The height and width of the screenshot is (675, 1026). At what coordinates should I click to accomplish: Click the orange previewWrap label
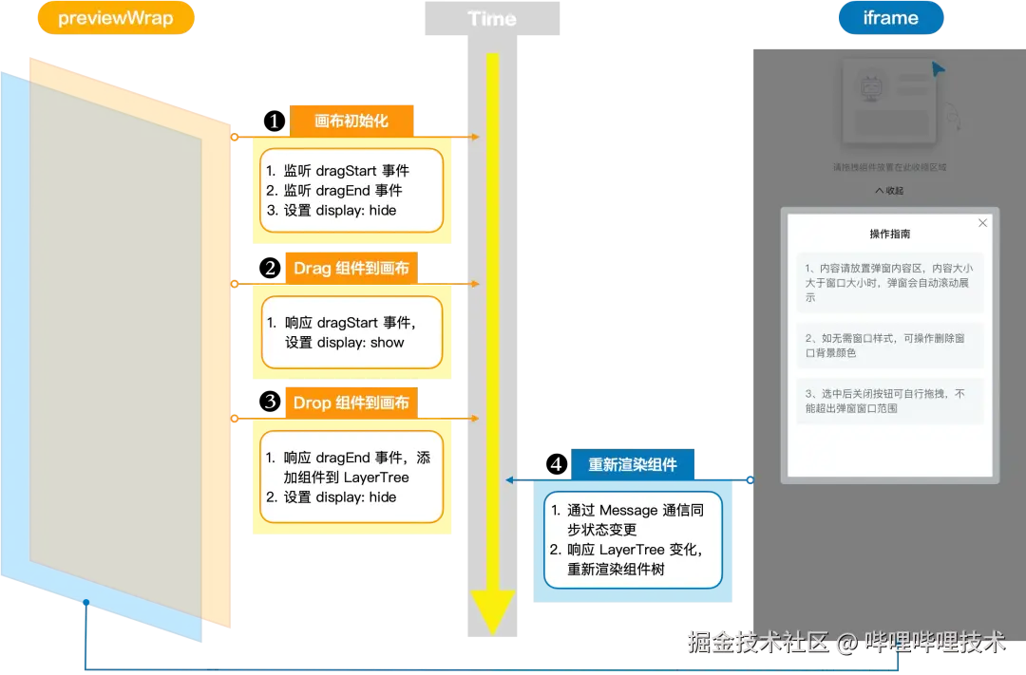coord(115,19)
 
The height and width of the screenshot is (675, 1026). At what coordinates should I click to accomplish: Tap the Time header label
coord(492,19)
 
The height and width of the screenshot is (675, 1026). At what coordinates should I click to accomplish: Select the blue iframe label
coord(890,19)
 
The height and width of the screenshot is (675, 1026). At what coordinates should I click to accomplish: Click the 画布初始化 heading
coord(351,122)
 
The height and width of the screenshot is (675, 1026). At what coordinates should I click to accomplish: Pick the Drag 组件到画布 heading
coord(351,269)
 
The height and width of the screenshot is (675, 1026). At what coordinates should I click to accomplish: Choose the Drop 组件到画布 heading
coord(351,403)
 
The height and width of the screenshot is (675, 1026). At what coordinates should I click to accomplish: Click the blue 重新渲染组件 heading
coord(633,465)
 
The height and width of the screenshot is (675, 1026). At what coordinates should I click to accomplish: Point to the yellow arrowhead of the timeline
coord(492,612)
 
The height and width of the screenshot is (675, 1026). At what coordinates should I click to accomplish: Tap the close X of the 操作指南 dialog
coord(983,223)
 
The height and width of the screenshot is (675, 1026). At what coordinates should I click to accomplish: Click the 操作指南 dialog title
coord(890,234)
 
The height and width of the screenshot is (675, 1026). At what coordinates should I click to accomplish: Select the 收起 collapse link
coord(890,191)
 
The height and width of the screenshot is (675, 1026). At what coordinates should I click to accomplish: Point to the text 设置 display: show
coord(345,343)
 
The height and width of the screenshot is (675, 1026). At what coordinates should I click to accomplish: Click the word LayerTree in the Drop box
coord(375,477)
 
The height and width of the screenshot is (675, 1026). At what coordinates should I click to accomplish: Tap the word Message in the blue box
coord(629,511)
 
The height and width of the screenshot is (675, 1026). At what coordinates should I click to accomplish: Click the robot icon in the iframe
coord(871,90)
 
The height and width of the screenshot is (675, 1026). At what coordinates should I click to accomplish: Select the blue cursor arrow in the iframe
coord(939,69)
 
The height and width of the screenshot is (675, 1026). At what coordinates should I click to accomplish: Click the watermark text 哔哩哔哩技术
coord(932,643)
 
